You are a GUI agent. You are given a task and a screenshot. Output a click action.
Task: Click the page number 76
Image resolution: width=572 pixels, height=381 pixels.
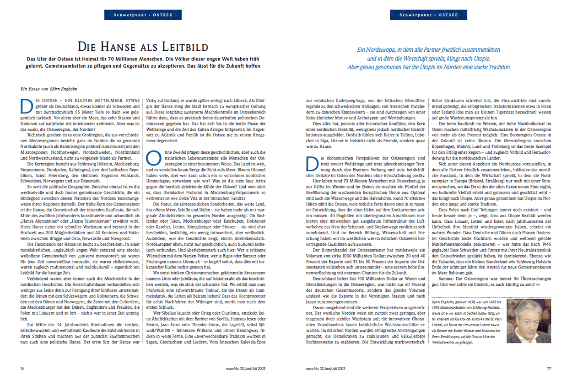tap(22, 368)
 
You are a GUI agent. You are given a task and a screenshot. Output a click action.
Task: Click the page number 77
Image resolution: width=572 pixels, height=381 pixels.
tap(549, 368)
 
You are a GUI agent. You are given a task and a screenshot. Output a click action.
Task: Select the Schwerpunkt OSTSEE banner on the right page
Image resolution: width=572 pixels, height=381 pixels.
tap(428, 15)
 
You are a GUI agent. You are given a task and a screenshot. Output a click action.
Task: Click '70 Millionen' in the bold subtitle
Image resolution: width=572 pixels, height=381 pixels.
tap(131, 59)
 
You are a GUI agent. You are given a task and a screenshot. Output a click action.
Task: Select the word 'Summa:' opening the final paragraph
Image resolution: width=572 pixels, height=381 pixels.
tap(447, 279)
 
